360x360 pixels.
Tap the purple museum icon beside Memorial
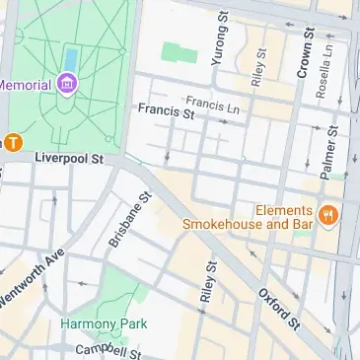click(x=68, y=85)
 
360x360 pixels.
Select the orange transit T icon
click(x=13, y=141)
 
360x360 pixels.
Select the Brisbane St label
click(x=129, y=220)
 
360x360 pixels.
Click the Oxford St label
click(x=279, y=309)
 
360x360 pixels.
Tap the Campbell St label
click(x=108, y=350)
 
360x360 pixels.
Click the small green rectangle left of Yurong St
click(x=179, y=52)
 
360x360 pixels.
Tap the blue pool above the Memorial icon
click(x=70, y=58)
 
